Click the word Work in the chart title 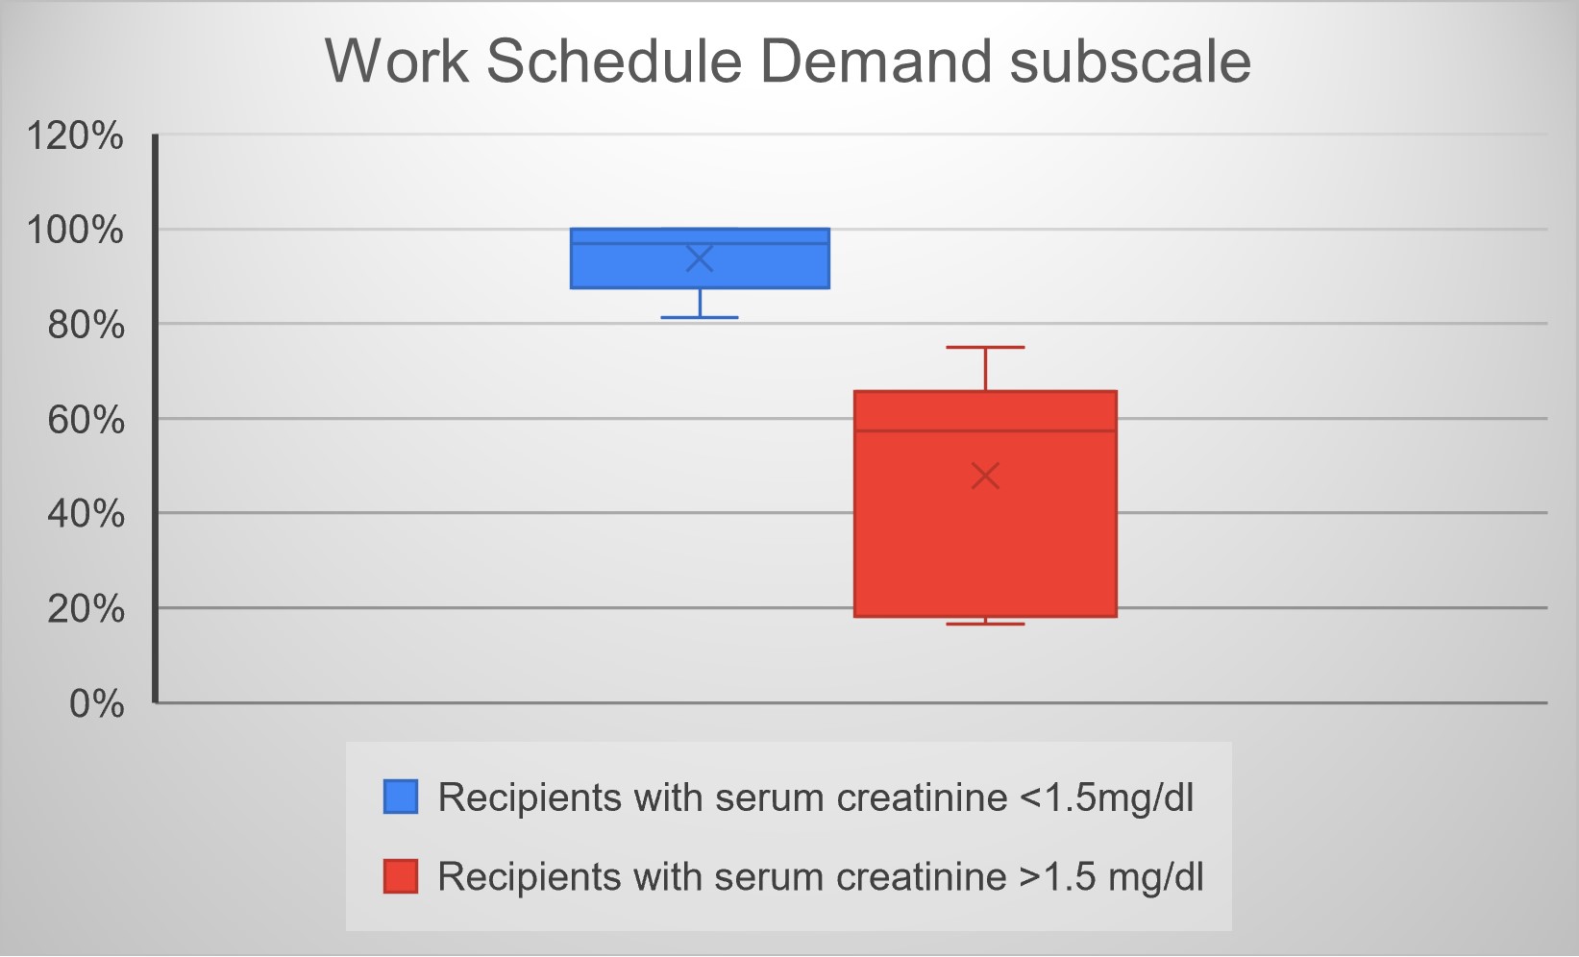(x=397, y=61)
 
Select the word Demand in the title (x=876, y=61)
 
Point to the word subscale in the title (x=1130, y=61)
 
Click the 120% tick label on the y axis (x=75, y=135)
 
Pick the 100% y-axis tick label (x=75, y=231)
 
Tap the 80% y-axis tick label (x=86, y=326)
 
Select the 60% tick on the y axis (x=86, y=420)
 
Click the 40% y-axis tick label (x=86, y=514)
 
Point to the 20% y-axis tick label (x=86, y=609)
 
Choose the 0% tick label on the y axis (x=96, y=703)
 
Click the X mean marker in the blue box (x=700, y=258)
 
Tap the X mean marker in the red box (x=985, y=477)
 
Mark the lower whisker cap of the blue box (x=700, y=318)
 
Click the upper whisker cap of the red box (x=985, y=348)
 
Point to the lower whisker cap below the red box (x=985, y=625)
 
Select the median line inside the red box (x=985, y=430)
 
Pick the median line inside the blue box (x=700, y=244)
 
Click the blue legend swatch (x=401, y=797)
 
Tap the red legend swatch (x=401, y=876)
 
